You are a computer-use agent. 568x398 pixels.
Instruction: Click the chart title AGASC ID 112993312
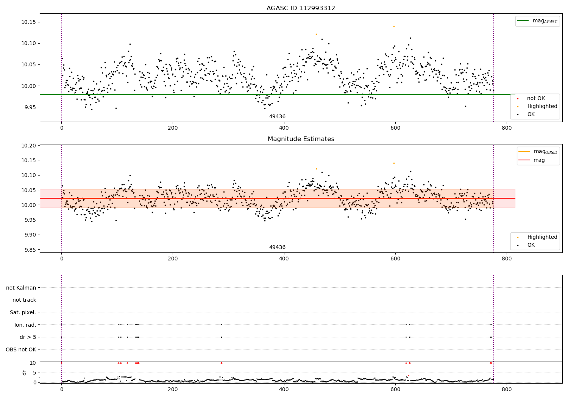pyautogui.click(x=301, y=8)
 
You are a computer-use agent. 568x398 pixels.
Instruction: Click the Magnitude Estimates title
pyautogui.click(x=301, y=139)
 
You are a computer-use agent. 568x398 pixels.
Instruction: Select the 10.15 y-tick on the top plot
pyautogui.click(x=28, y=22)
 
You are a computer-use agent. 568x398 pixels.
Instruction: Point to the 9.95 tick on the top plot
pyautogui.click(x=28, y=107)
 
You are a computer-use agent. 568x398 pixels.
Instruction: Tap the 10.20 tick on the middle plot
pyautogui.click(x=28, y=146)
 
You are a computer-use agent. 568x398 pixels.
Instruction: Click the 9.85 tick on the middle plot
pyautogui.click(x=28, y=250)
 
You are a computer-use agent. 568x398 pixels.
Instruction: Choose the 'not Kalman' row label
pyautogui.click(x=21, y=288)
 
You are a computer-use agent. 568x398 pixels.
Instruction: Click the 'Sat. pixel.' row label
pyautogui.click(x=23, y=312)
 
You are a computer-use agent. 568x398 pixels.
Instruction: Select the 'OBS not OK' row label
pyautogui.click(x=21, y=349)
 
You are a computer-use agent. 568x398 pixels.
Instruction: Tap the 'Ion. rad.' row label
pyautogui.click(x=25, y=325)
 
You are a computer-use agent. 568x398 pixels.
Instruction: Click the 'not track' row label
pyautogui.click(x=24, y=300)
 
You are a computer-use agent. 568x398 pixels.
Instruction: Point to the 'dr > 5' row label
pyautogui.click(x=28, y=337)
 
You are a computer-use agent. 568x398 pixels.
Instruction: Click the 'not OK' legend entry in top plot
pyautogui.click(x=536, y=99)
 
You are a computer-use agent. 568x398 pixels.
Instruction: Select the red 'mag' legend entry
pyautogui.click(x=539, y=160)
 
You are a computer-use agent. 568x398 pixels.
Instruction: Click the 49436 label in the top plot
pyautogui.click(x=277, y=117)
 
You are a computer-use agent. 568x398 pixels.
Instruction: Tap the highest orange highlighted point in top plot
pyautogui.click(x=394, y=26)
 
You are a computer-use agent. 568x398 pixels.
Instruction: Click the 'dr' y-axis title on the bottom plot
pyautogui.click(x=25, y=373)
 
